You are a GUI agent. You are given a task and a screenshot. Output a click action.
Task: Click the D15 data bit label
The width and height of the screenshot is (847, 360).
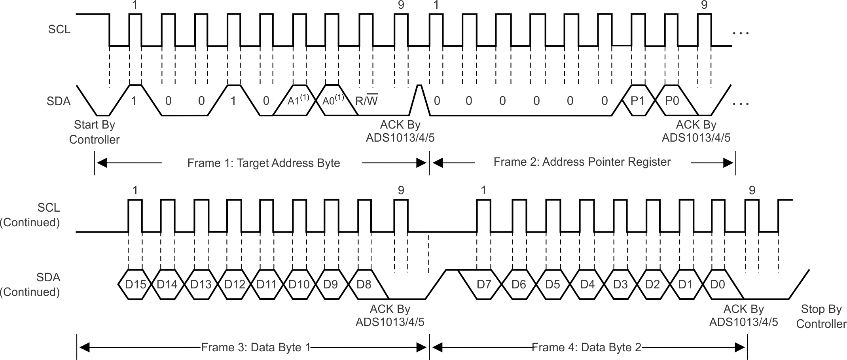pyautogui.click(x=135, y=284)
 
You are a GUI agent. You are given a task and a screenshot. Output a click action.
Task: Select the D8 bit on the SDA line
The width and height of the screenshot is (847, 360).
pyautogui.click(x=364, y=284)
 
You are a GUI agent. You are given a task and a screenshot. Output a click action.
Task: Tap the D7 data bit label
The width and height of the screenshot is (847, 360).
pyautogui.click(x=483, y=284)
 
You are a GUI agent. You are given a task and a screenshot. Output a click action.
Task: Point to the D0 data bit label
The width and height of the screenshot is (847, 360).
pyautogui.click(x=717, y=284)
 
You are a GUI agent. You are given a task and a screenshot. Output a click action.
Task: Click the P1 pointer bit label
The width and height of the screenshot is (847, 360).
pyautogui.click(x=637, y=101)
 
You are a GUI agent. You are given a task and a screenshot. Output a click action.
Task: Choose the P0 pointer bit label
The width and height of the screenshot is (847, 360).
pyautogui.click(x=672, y=101)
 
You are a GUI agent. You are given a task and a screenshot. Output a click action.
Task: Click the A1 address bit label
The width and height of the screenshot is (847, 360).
pyautogui.click(x=298, y=100)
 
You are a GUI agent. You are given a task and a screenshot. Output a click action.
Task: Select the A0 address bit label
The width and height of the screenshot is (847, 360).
pyautogui.click(x=333, y=100)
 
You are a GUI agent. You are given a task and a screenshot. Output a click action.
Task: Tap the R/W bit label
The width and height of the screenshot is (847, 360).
pyautogui.click(x=366, y=101)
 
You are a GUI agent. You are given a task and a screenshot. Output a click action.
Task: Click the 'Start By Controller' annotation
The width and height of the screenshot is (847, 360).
pyautogui.click(x=94, y=132)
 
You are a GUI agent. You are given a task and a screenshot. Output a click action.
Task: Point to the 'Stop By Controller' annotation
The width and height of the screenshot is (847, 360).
pyautogui.click(x=821, y=316)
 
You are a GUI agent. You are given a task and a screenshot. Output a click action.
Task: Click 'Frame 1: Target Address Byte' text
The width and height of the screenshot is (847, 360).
pyautogui.click(x=263, y=163)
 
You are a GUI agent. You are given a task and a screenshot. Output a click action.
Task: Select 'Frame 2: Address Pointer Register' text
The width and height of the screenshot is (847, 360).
pyautogui.click(x=582, y=162)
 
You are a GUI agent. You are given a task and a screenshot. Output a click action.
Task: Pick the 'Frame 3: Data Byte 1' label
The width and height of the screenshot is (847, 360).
pyautogui.click(x=256, y=347)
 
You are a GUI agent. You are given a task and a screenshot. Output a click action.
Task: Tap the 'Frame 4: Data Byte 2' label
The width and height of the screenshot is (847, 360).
pyautogui.click(x=586, y=347)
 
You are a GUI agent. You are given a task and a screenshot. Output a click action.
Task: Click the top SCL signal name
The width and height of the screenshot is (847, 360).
pyautogui.click(x=59, y=29)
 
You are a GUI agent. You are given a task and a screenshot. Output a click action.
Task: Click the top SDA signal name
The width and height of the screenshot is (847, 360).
pyautogui.click(x=59, y=101)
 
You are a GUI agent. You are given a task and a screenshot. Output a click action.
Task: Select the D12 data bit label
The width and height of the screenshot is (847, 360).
pyautogui.click(x=235, y=284)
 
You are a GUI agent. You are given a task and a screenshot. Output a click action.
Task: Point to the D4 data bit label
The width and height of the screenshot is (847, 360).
pyautogui.click(x=587, y=284)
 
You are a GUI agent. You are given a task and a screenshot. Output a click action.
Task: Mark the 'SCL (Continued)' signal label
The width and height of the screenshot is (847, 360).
pyautogui.click(x=30, y=215)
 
